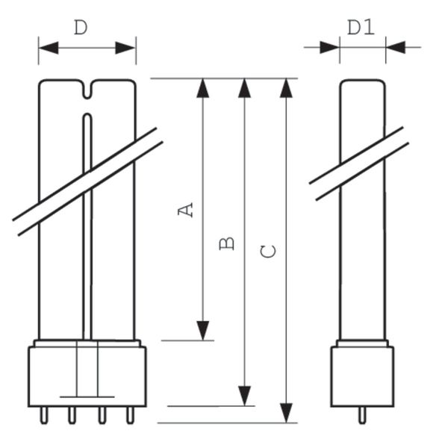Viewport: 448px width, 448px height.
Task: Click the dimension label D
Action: [81, 28]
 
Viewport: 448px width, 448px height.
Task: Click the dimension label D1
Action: [361, 28]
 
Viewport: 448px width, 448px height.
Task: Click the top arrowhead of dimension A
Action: [202, 87]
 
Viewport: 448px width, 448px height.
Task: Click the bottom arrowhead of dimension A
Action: [202, 330]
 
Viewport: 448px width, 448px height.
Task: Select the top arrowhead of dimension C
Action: [286, 87]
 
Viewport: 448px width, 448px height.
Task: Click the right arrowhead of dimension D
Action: [126, 48]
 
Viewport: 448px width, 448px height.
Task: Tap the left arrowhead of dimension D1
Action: [329, 47]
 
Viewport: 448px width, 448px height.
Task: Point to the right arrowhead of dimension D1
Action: [396, 47]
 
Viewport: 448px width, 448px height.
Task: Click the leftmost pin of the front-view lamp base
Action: [42, 414]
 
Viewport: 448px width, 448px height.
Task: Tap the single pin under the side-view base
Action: [362, 414]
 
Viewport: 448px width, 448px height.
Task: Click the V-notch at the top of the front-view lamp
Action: [87, 91]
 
